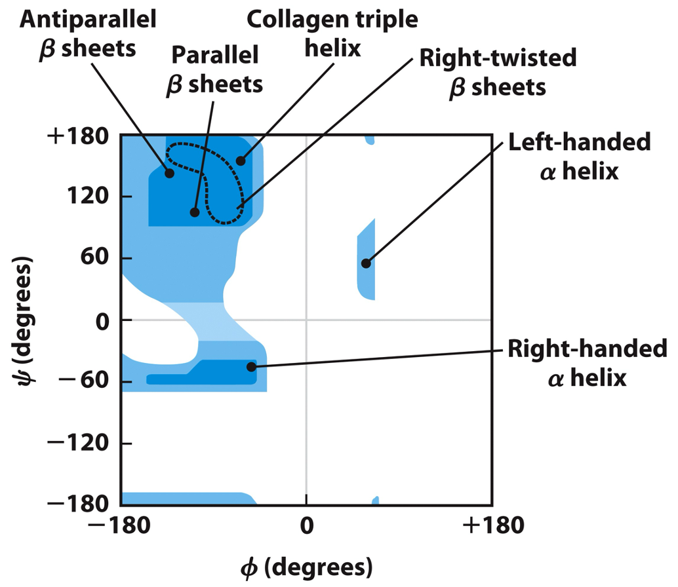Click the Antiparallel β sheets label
pos(88,33)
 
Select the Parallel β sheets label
pos(216,69)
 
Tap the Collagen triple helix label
pos(332,33)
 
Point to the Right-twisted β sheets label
pos(498,72)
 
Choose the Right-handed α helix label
pos(587,364)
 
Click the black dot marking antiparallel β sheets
pos(169,173)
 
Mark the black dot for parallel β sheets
pos(195,212)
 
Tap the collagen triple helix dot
pos(241,161)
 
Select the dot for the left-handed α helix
pos(366,263)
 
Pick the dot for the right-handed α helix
pos(251,366)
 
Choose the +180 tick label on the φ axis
pos(492,525)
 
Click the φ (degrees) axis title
pos(307,565)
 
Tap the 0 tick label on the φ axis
pos(306,525)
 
